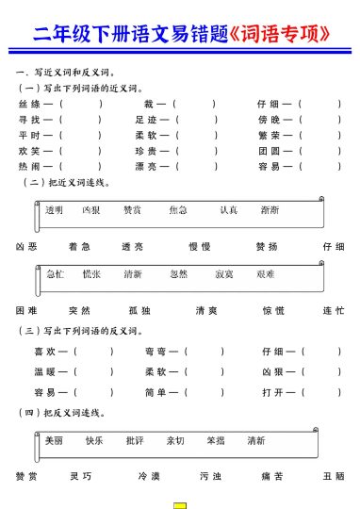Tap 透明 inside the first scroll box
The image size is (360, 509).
point(54,209)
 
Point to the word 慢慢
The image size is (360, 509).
point(200,246)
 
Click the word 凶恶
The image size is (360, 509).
point(26,246)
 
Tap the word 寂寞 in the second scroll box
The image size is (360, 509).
point(224,273)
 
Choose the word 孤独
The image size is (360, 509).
point(139,310)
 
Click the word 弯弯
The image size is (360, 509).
point(156,352)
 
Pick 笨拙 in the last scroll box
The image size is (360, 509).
point(216,440)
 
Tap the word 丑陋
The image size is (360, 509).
point(334,476)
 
